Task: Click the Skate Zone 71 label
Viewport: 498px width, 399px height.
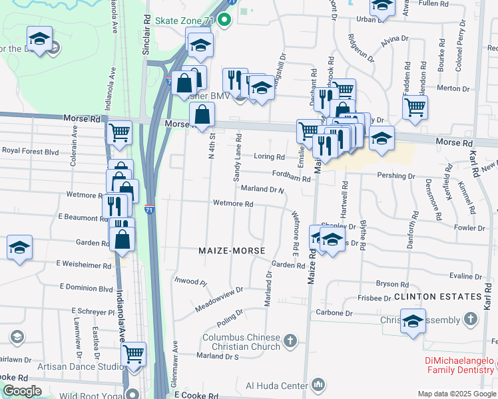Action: coord(184,21)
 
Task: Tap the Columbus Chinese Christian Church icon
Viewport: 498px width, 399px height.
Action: coord(289,342)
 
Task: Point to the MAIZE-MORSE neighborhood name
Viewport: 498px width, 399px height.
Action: coord(232,251)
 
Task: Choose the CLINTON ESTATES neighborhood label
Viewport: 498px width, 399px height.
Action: coord(437,296)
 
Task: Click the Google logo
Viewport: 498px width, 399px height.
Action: coord(22,391)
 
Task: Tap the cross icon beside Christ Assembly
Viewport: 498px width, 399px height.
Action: coord(471,319)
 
